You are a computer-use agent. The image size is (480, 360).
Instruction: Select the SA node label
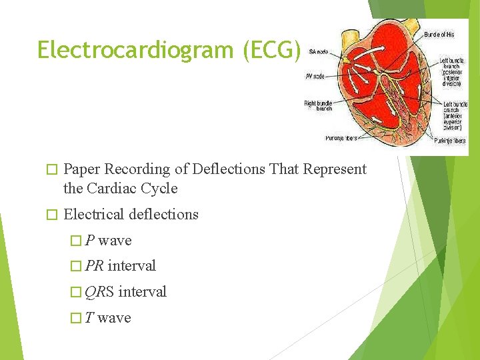tap(319, 51)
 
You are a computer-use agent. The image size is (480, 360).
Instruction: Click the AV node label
tap(315, 76)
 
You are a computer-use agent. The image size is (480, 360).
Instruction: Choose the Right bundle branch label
tap(319, 106)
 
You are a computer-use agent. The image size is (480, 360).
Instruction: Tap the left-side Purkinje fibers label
tap(340, 139)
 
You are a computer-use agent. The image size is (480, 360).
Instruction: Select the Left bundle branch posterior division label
tap(452, 72)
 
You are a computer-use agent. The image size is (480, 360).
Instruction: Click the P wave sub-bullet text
tap(108, 241)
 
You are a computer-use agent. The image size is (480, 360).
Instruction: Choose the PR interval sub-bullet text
tap(121, 266)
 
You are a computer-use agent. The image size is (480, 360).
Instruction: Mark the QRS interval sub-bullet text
tap(126, 292)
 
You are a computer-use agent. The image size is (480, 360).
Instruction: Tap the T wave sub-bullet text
tap(108, 318)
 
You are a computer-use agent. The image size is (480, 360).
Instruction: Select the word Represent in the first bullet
tap(335, 169)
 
